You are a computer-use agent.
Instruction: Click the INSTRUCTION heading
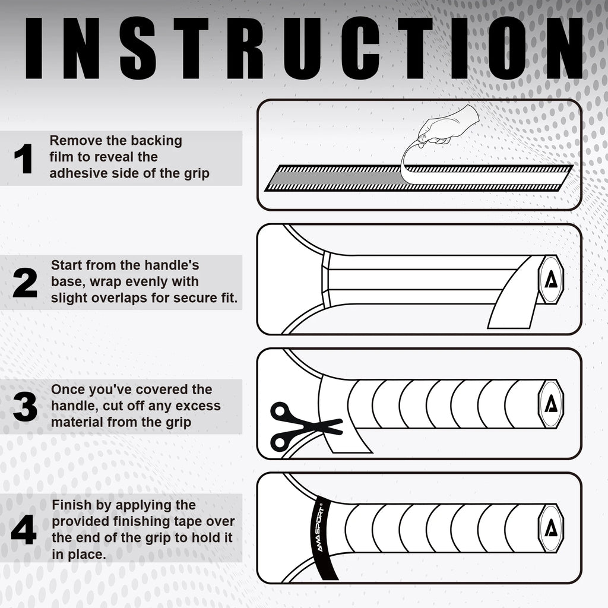303,48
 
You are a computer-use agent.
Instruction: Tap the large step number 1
23,158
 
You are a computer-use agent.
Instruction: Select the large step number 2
25,283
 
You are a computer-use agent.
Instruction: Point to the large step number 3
25,407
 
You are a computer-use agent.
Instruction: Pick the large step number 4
24,529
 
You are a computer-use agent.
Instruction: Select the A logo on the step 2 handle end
551,280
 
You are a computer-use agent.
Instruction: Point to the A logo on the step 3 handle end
551,404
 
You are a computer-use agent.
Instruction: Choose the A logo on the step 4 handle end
551,528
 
